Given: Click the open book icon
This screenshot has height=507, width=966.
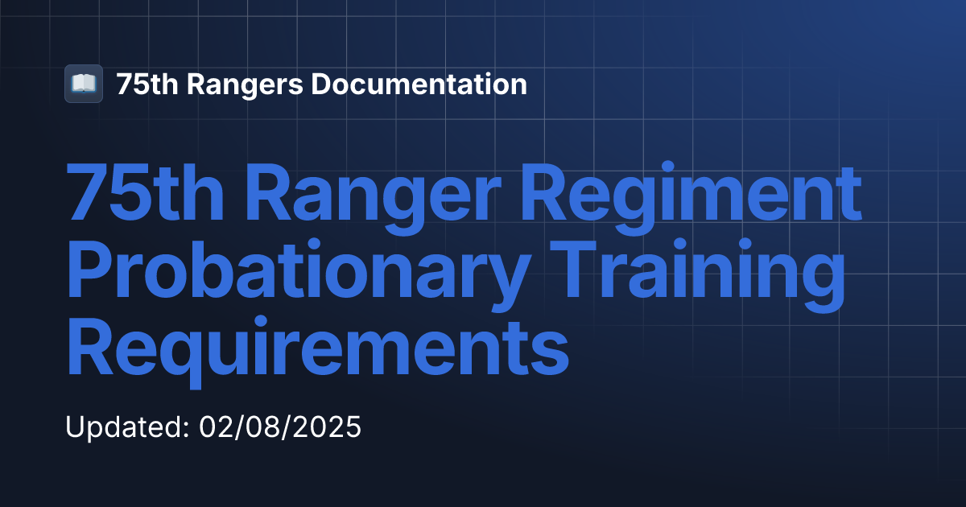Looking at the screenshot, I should pos(84,84).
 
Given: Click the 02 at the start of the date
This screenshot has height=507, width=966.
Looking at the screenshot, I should pos(213,427).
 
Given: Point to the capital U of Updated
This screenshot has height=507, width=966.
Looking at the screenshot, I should pos(75,427).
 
